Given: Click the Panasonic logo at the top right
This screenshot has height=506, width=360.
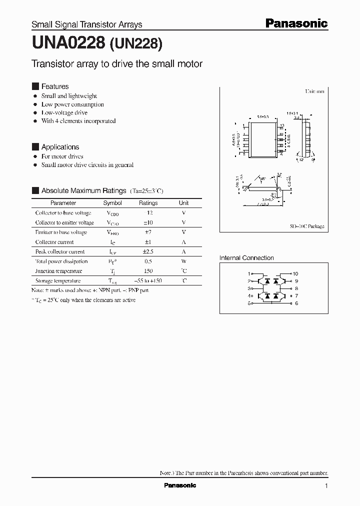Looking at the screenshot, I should point(295,23).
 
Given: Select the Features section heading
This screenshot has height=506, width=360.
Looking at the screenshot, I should point(54,86).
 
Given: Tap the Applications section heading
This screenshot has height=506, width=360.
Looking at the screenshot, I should point(60,147).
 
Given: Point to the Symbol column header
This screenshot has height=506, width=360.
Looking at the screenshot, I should point(112,203).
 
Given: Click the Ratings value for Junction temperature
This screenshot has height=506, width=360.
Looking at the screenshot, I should point(148,271).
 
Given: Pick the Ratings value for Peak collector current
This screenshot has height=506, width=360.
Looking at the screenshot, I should point(148,251).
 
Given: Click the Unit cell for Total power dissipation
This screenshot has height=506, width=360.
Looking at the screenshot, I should point(183,261).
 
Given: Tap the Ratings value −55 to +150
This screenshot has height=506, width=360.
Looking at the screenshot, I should point(148,281).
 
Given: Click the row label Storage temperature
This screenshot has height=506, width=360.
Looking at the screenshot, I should point(58,281).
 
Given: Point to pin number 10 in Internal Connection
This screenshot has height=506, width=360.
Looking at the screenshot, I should point(295,274).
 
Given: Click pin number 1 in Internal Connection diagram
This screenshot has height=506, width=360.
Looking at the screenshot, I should point(249,274).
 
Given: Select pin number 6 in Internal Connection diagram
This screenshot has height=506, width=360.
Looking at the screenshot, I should point(296,303).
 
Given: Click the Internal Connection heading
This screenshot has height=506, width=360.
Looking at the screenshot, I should point(246,258).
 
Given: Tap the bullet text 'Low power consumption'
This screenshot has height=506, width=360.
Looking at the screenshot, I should point(72,104).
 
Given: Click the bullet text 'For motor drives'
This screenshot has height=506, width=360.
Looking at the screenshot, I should point(62,156).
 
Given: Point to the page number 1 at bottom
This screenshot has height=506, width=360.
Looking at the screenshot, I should point(326,486).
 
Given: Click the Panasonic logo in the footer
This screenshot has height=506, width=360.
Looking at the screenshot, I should point(180,485).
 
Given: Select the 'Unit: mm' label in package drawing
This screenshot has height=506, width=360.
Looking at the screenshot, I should point(315,92).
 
